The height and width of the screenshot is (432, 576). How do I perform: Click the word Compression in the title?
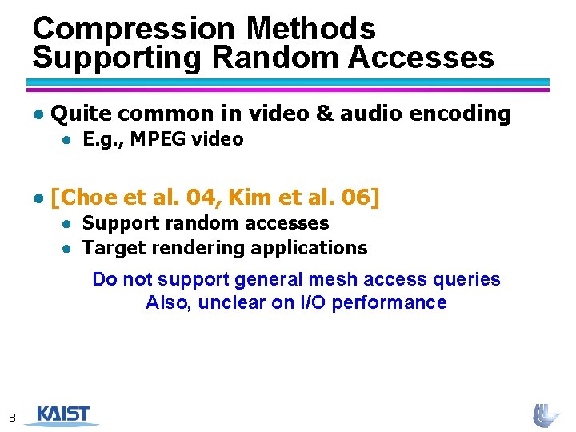(x=134, y=29)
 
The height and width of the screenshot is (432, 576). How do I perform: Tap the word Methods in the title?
(x=311, y=29)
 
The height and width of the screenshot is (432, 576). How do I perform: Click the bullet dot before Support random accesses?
(x=70, y=223)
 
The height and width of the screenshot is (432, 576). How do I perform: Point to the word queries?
(x=469, y=279)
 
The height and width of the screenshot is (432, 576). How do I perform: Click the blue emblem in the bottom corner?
(x=547, y=415)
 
